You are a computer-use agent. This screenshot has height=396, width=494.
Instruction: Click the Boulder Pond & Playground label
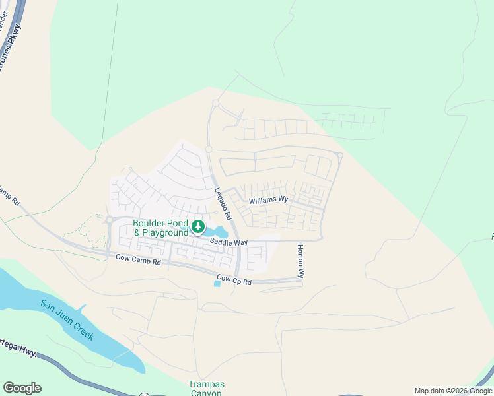[x=160, y=228]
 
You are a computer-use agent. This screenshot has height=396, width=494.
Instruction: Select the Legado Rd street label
[x=223, y=204]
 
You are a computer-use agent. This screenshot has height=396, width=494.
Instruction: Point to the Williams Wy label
[x=268, y=199]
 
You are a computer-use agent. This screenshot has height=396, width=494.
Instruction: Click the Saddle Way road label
[x=229, y=242]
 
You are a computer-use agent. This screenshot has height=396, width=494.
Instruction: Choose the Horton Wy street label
[x=300, y=261]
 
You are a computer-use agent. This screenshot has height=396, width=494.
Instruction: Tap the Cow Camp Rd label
[x=138, y=261]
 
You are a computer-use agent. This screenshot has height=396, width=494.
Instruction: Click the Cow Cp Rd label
[x=234, y=280]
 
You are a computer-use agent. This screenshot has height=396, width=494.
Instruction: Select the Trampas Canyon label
[x=207, y=389]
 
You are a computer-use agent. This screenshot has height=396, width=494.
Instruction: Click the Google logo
[x=22, y=387]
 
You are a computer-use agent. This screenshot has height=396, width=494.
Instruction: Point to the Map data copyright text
[x=452, y=391]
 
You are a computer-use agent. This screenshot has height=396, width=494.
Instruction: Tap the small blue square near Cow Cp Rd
[x=217, y=284]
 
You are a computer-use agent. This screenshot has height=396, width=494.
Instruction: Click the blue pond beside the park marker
[x=217, y=232]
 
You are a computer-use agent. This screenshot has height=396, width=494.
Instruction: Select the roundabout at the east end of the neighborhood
[x=339, y=156]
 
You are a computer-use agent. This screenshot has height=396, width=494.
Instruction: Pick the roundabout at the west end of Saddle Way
[x=109, y=220]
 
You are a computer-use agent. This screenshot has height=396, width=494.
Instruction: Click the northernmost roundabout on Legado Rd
[x=215, y=103]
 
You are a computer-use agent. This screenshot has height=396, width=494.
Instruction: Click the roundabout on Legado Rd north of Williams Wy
[x=209, y=150]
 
